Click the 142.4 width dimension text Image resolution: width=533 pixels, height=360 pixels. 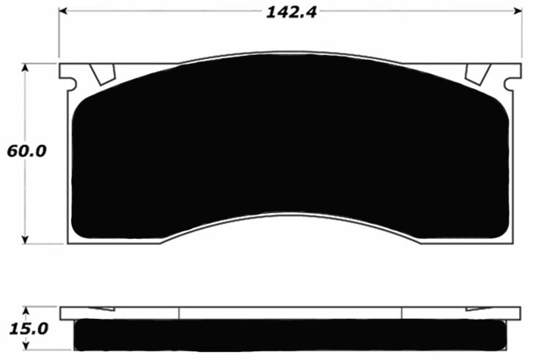coord(286,12)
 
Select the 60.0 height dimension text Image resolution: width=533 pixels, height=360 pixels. coord(26,152)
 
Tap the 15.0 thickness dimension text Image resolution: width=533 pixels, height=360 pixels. coord(26,329)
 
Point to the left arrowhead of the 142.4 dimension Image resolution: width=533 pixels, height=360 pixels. coord(63,12)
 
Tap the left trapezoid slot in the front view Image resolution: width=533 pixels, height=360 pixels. coord(103,73)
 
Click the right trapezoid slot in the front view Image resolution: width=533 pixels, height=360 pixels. coord(477,73)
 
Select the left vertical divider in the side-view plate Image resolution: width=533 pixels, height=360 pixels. coord(179,314)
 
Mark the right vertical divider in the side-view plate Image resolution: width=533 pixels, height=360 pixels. coord(402,314)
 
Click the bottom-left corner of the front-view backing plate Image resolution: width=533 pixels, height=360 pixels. coord(70,242)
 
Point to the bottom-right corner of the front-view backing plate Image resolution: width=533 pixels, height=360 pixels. coord(510,242)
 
